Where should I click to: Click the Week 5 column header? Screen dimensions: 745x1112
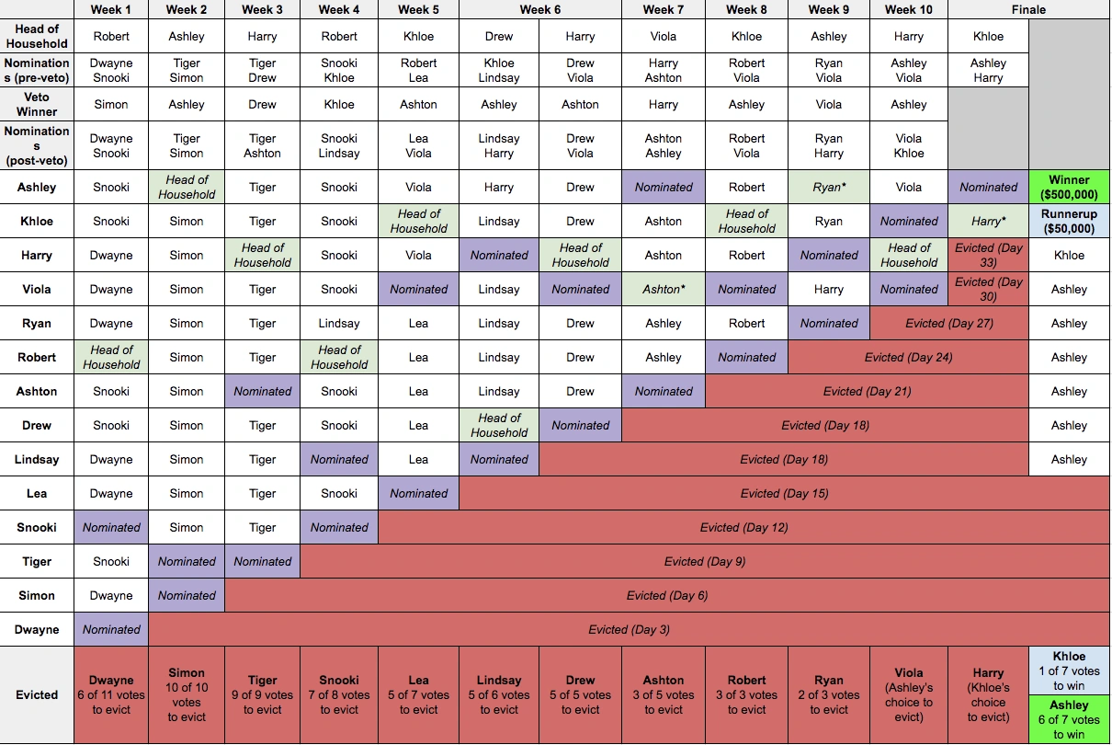(418, 10)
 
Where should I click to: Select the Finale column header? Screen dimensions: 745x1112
(1027, 10)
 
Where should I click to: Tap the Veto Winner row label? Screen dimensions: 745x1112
(37, 104)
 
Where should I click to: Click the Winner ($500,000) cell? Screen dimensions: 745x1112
(1069, 187)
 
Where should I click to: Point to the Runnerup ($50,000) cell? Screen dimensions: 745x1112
(1069, 221)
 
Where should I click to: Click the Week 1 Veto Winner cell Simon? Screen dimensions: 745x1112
(111, 104)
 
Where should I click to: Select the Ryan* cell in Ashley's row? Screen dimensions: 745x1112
(829, 187)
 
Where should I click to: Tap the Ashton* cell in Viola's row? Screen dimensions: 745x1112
(663, 289)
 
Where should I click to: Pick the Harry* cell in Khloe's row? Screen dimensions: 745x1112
(988, 221)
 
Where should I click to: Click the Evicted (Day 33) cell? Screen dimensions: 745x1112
(988, 255)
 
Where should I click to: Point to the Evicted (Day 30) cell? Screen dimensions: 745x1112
(988, 289)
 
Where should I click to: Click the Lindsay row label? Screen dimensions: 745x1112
(37, 459)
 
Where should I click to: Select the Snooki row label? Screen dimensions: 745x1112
(37, 527)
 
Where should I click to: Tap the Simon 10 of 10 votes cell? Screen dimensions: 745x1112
(187, 694)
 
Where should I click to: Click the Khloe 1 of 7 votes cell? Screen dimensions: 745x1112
(1069, 670)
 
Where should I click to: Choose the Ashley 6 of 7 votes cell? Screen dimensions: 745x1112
(1069, 719)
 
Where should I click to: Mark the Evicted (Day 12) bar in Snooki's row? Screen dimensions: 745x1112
(743, 528)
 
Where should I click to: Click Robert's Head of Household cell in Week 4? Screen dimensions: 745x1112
(339, 357)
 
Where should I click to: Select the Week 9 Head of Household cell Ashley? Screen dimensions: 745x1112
(829, 37)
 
